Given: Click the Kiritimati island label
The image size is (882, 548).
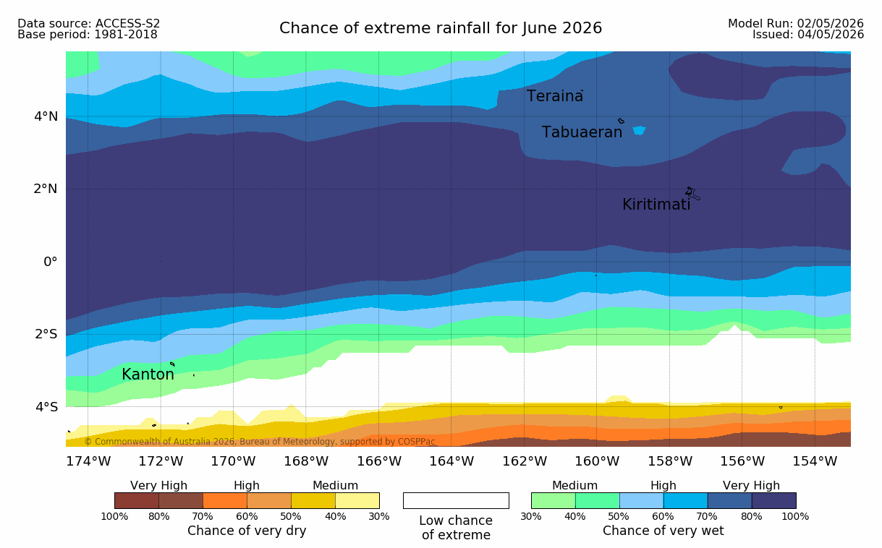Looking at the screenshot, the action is tap(656, 205).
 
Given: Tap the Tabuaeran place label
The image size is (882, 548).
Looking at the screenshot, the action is tap(582, 132).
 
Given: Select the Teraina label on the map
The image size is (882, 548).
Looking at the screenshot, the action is tap(555, 96).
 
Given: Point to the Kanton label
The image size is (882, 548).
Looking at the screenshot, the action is tap(148, 374).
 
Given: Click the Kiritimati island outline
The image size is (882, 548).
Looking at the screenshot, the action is tap(692, 194).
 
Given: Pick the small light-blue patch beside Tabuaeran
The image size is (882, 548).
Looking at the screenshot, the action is tap(639, 130).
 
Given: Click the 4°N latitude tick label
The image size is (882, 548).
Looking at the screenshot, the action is tap(46, 116).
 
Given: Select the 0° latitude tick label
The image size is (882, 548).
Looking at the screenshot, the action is tap(51, 262).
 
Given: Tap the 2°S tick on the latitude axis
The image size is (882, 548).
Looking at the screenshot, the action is tap(46, 334).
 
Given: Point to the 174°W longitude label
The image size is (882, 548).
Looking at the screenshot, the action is tap(88, 461).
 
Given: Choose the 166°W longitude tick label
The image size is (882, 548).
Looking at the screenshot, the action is tap(379, 461).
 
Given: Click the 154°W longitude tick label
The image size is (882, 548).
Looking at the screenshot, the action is tap(815, 461).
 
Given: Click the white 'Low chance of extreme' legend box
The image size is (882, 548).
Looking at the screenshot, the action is tap(456, 500).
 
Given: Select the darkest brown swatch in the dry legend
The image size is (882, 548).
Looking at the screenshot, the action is tap(137, 500).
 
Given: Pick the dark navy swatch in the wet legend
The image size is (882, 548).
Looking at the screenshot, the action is tap(774, 500).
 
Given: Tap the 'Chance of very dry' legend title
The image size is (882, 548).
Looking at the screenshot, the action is tap(247, 531).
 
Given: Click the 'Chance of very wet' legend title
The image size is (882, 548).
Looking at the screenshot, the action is tap(663, 531).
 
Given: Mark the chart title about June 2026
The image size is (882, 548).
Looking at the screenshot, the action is tap(441, 28).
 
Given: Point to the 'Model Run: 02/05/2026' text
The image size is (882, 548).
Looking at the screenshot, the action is tap(796, 24).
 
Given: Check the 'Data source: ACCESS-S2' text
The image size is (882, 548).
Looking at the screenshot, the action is tap(88, 24).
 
